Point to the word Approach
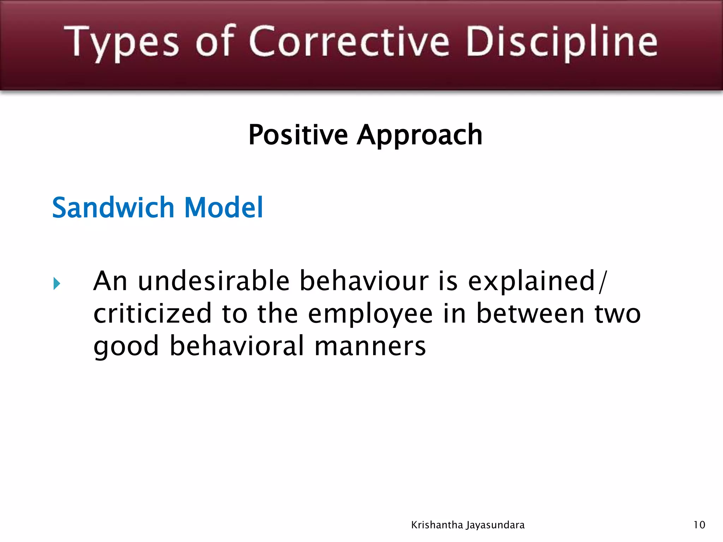pos(419,136)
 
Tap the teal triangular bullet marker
pos(56,283)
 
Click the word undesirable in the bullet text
pos(213,281)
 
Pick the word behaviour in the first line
pos(364,281)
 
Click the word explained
pos(532,282)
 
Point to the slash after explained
pos(602,282)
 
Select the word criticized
pos(152,314)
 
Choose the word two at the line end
pos(617,314)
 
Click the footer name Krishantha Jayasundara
pos(468,525)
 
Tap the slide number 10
pos(699,525)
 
